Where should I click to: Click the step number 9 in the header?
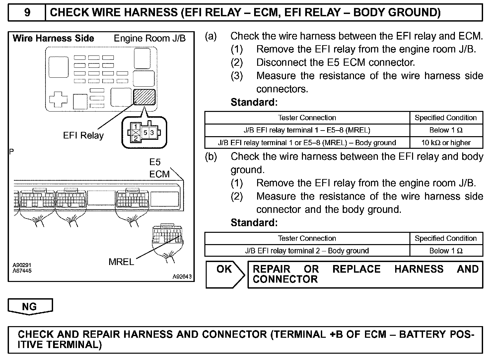point(27,13)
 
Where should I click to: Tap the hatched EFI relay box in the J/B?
point(144,97)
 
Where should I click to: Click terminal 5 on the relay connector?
point(145,133)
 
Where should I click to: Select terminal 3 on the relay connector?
point(152,133)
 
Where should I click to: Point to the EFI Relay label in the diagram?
point(83,135)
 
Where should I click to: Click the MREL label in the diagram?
point(121,262)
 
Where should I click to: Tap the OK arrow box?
point(225,274)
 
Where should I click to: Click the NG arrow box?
point(30,306)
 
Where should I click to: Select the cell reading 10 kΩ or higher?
point(446,143)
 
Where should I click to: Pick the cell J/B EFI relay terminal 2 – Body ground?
point(307,251)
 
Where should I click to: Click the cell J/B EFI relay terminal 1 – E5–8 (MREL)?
point(307,130)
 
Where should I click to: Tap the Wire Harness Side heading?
point(53,39)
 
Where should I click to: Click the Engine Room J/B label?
point(150,39)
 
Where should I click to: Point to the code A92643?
point(182,277)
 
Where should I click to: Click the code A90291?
point(22,265)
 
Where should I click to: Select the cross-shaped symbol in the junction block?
point(58,99)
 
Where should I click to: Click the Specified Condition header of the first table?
point(446,118)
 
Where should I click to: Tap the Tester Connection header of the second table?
point(307,238)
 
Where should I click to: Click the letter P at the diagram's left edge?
point(12,152)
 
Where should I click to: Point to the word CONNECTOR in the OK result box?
point(285,280)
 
